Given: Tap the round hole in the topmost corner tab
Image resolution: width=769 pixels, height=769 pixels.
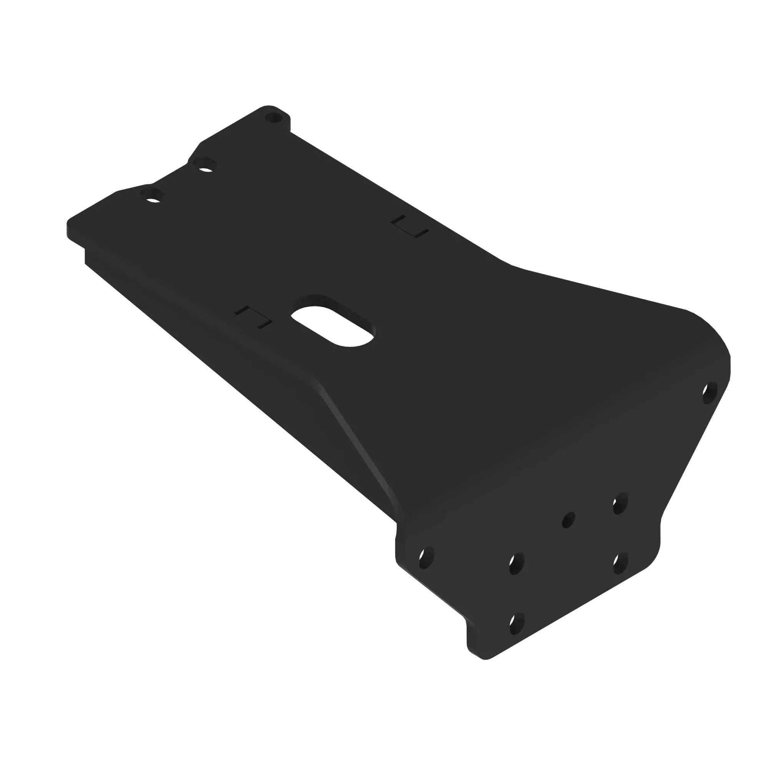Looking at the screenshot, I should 273,118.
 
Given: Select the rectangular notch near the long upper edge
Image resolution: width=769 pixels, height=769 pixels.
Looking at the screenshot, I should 409,227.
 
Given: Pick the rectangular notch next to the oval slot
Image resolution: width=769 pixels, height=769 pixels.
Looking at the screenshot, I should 253,318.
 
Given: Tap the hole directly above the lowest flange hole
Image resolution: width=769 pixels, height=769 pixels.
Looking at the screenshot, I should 517,564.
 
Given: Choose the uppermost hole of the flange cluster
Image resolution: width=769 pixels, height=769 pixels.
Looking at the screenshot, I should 620,503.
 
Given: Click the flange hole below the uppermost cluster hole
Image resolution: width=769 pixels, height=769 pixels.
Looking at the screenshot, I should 620,563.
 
